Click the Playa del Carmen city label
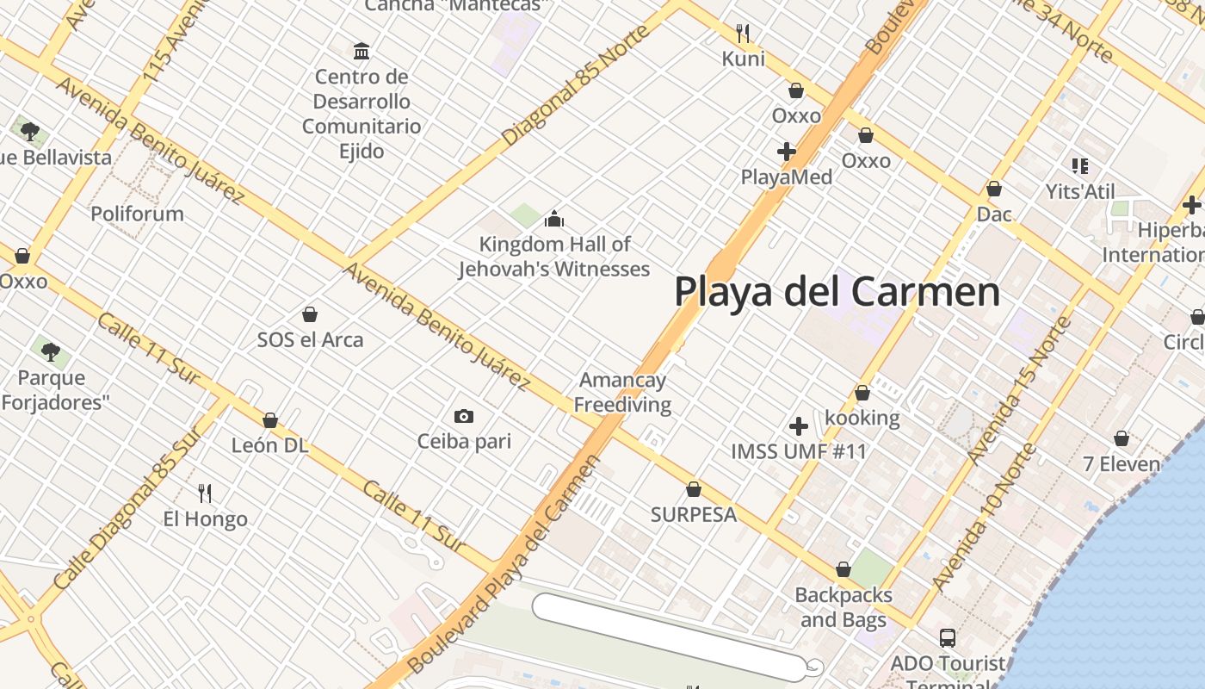[837, 291]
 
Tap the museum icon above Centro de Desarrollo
[361, 51]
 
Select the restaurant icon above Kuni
[743, 34]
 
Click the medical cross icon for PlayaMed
[786, 152]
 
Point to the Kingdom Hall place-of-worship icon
[554, 219]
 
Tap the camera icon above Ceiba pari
[463, 417]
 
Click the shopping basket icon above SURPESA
[693, 489]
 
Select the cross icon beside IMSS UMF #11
[798, 425]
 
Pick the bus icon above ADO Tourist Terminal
[947, 638]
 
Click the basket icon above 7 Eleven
[1121, 438]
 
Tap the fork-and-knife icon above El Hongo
[205, 493]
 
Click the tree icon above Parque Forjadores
[51, 351]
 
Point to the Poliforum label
[137, 214]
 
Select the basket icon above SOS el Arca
[310, 314]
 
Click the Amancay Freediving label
[622, 392]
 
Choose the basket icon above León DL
[269, 420]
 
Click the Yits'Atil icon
[1079, 165]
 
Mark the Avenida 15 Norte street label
[1019, 389]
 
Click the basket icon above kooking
[862, 393]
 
